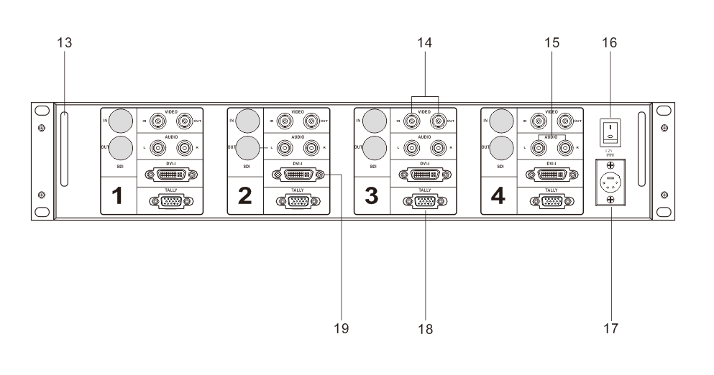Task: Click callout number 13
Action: [63, 43]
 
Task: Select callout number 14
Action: [424, 43]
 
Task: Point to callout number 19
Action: [342, 329]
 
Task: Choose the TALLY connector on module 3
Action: [424, 202]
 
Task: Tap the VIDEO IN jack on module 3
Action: [412, 121]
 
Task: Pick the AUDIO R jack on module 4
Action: [563, 148]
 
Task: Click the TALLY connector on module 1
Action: [170, 202]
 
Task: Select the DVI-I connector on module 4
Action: [550, 174]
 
